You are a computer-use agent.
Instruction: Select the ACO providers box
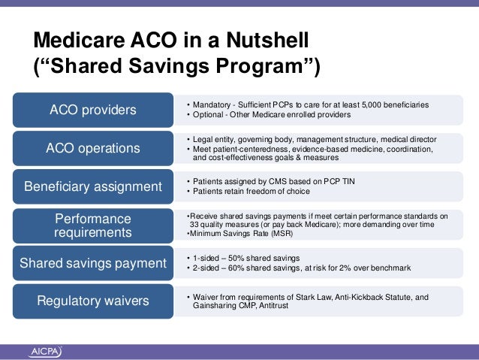pos(93,110)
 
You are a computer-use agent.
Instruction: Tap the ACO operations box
pos(93,148)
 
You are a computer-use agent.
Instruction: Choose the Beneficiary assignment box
pos(93,186)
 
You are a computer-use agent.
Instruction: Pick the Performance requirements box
pos(93,225)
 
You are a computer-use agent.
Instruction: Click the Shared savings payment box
pos(93,263)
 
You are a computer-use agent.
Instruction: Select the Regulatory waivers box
pos(93,301)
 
